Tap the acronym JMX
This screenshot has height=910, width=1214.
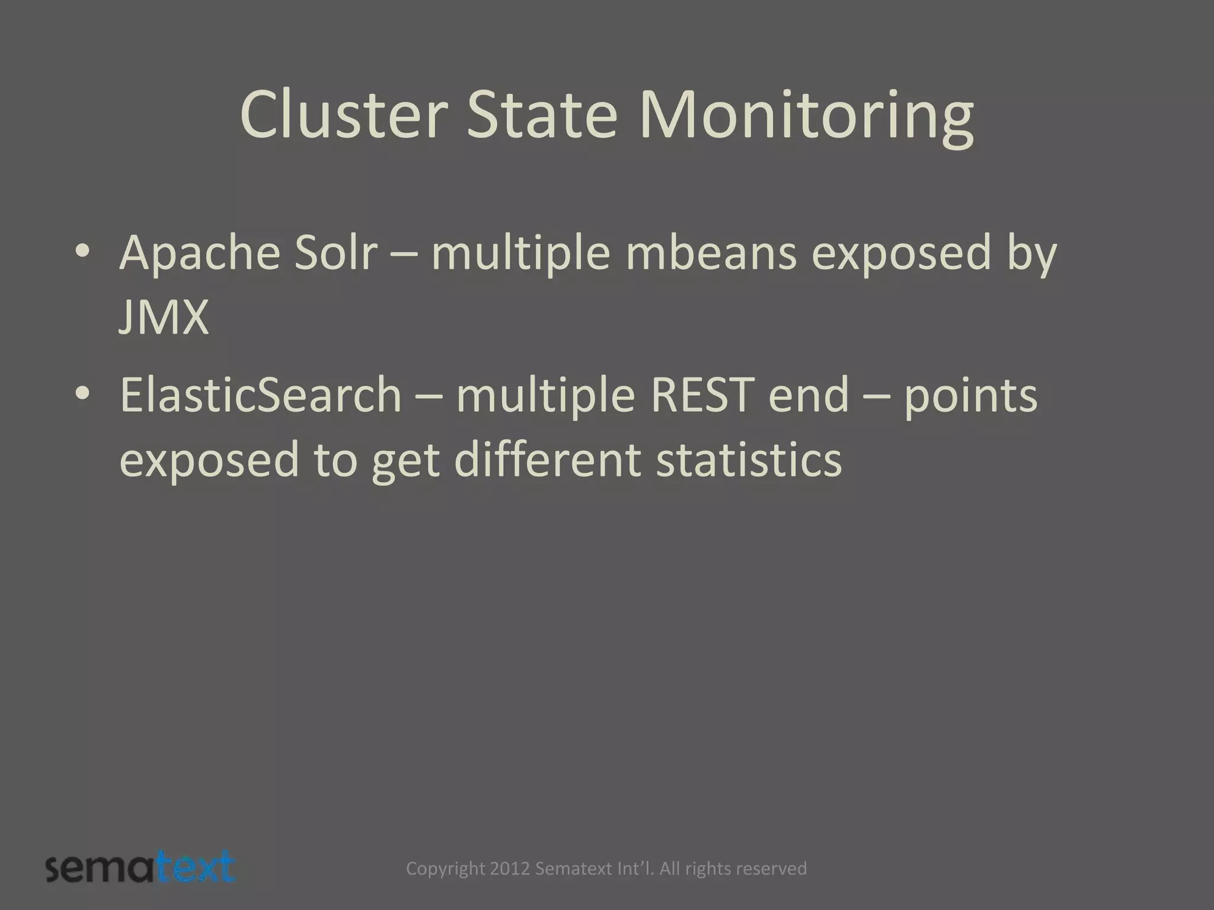pyautogui.click(x=164, y=318)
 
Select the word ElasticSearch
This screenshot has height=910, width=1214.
pyautogui.click(x=260, y=395)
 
